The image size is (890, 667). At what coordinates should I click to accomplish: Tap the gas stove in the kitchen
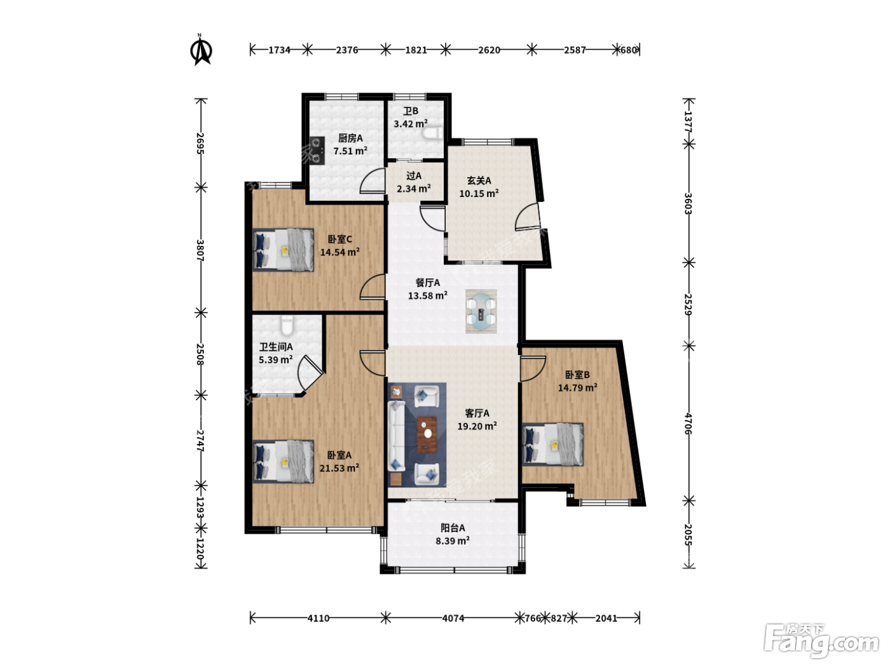(x=317, y=151)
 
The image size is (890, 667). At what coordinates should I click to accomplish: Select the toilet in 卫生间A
(x=287, y=326)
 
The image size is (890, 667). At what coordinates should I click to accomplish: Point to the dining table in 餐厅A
(x=481, y=311)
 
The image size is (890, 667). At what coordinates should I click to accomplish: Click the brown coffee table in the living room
(x=427, y=434)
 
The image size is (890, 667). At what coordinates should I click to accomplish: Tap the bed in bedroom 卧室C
(x=284, y=250)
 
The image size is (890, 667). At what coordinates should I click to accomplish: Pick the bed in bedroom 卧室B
(x=553, y=444)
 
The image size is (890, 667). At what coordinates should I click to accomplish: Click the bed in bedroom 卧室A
(x=284, y=462)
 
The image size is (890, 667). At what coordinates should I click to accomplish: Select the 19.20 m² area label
(x=477, y=426)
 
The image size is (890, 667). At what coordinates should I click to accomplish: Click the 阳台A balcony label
(x=453, y=528)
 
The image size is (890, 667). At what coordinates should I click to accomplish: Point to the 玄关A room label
(x=479, y=180)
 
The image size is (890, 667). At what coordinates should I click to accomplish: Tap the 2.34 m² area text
(x=414, y=188)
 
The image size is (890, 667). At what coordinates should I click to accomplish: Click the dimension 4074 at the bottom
(x=453, y=618)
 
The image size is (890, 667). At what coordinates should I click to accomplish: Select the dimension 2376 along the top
(x=346, y=50)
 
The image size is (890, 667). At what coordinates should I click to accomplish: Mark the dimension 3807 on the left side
(x=200, y=250)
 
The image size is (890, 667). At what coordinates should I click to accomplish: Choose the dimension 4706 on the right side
(x=688, y=424)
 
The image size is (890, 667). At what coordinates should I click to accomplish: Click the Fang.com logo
(x=821, y=640)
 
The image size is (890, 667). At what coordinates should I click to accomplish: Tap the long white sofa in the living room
(x=397, y=436)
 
